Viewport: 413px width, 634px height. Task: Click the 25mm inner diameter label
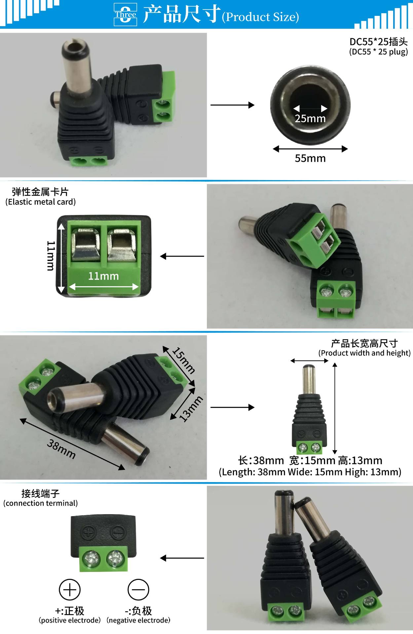[x=310, y=118]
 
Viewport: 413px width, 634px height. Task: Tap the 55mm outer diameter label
[x=310, y=158]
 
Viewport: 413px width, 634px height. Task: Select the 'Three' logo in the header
[x=125, y=15]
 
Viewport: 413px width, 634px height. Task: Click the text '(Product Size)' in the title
[x=260, y=17]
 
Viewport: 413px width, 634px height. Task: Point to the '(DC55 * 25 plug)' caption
[x=378, y=52]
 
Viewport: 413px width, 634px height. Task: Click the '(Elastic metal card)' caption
[x=40, y=202]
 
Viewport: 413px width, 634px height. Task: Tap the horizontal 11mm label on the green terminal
[x=103, y=276]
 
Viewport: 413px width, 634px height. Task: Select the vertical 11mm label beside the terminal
[x=50, y=256]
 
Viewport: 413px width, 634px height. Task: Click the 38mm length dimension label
[x=61, y=449]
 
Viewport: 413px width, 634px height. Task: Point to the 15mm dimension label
[x=184, y=360]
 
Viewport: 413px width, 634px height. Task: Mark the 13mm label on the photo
[x=191, y=409]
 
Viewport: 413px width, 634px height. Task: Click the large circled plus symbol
[x=69, y=589]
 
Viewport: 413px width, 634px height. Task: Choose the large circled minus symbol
[x=138, y=589]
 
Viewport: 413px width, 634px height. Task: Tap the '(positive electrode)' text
[x=70, y=620]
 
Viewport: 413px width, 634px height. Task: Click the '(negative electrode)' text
[x=138, y=620]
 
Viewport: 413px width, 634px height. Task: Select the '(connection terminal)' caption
[x=40, y=503]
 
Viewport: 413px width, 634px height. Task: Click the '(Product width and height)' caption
[x=364, y=353]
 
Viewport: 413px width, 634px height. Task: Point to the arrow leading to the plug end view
[x=232, y=105]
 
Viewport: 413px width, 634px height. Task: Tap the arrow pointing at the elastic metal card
[x=182, y=256]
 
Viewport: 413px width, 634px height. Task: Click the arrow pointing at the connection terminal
[x=182, y=558]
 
